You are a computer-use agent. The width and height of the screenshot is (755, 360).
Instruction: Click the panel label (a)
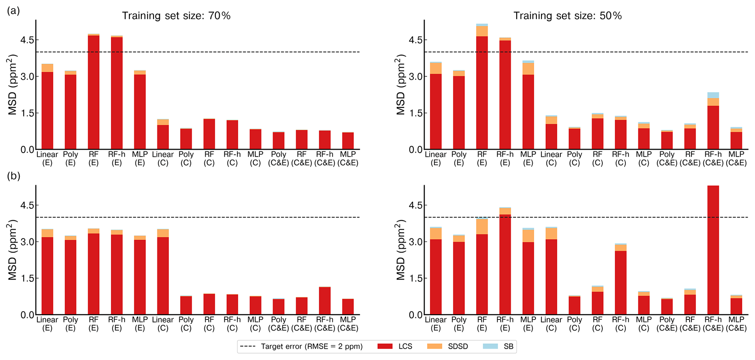point(14,11)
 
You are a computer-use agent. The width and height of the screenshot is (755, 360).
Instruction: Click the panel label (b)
point(14,176)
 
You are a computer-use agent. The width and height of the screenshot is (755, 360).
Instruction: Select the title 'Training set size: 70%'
point(176,16)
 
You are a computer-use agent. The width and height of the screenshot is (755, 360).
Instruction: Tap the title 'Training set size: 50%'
point(567,16)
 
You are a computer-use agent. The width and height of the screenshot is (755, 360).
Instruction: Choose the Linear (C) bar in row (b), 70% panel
point(163,274)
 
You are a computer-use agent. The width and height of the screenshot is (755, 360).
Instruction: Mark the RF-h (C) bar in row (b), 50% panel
point(621,281)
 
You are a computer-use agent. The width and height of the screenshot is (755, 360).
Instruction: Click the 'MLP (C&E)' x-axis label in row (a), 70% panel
point(347,159)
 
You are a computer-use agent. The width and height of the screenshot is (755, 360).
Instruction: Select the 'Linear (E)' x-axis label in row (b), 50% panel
point(435,324)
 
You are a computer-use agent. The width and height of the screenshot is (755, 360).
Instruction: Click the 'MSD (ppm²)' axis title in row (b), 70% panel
point(13,250)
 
